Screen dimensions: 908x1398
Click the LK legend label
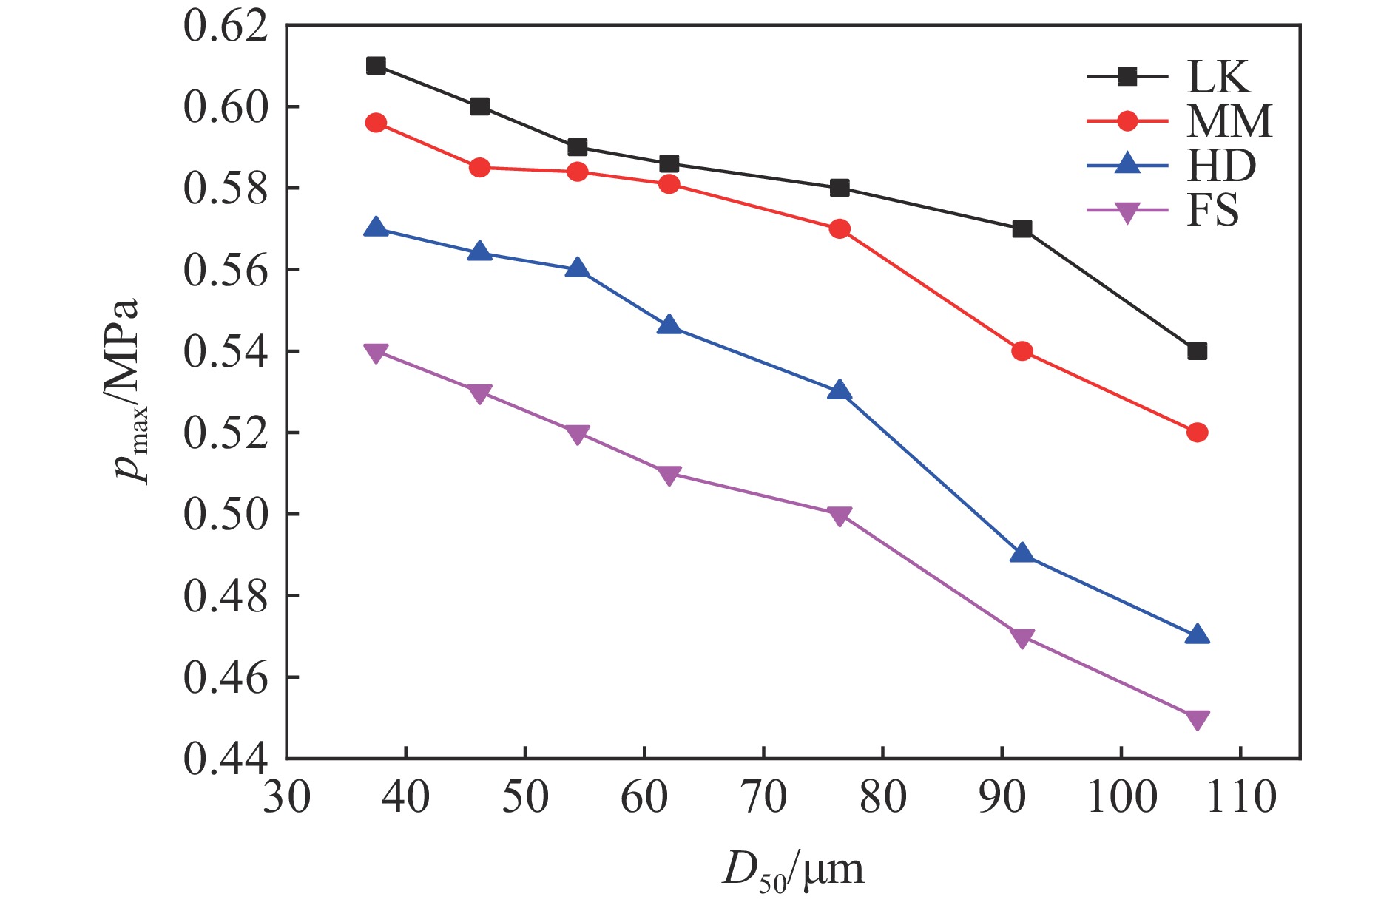tap(1218, 77)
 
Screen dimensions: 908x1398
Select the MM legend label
tap(1229, 121)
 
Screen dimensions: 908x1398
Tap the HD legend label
tap(1221, 166)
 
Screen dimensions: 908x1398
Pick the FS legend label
tap(1212, 211)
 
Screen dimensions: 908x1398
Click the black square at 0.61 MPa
tap(376, 66)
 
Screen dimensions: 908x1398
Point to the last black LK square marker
tap(1197, 351)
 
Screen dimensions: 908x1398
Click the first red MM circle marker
tap(376, 123)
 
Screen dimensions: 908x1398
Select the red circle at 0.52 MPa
tap(1197, 433)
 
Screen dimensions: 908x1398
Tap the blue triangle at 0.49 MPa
tap(1022, 554)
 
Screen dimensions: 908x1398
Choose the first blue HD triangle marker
tap(376, 228)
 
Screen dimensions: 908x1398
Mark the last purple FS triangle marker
tap(1197, 719)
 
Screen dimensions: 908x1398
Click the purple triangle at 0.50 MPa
tap(839, 515)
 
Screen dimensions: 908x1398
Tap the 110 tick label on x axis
tap(1241, 798)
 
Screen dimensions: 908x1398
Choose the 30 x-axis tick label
tap(287, 798)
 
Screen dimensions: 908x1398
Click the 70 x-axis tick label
tap(763, 798)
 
